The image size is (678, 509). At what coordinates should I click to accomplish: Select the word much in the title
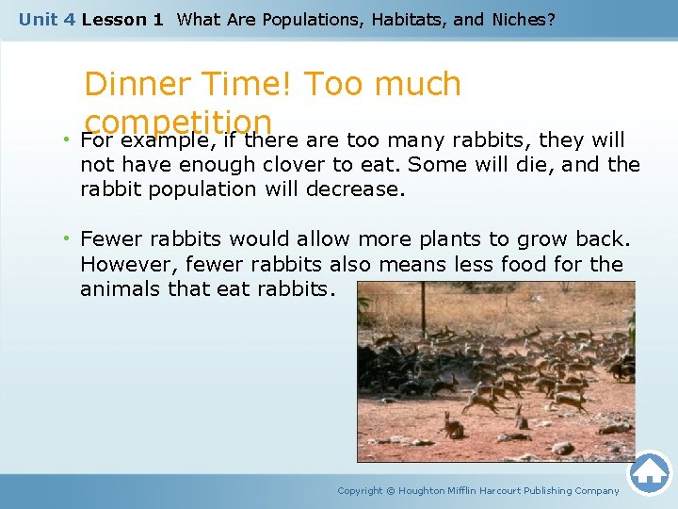pyautogui.click(x=417, y=85)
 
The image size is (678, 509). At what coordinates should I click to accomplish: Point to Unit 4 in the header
pyautogui.click(x=47, y=19)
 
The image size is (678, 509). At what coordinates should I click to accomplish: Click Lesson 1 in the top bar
pyautogui.click(x=122, y=19)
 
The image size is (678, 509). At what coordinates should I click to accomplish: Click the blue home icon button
pyautogui.click(x=650, y=473)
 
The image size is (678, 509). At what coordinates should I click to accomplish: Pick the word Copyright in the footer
pyautogui.click(x=360, y=490)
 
